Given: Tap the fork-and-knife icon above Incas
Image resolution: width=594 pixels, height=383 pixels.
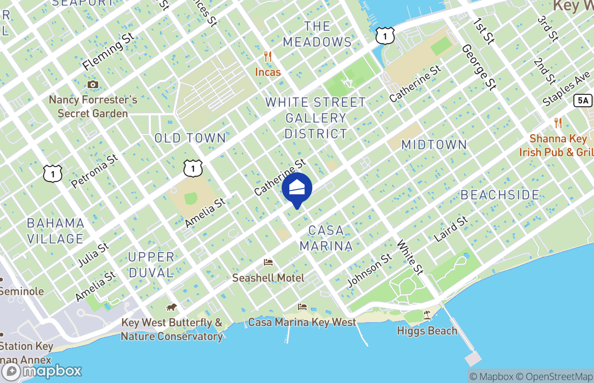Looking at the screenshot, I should (268, 57).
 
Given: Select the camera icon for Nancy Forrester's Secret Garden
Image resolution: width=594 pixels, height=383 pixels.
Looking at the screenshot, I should (93, 85).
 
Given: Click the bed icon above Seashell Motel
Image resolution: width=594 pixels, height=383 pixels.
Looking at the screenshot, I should (268, 262).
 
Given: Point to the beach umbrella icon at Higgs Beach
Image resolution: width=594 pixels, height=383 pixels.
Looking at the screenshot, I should (427, 315).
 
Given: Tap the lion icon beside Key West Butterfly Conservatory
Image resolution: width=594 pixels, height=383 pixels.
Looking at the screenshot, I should (171, 307).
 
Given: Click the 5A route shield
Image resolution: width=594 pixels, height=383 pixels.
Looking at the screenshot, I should (581, 100).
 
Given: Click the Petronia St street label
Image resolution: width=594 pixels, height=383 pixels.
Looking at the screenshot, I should (94, 170).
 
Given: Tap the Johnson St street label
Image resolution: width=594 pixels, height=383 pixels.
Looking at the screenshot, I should (369, 271).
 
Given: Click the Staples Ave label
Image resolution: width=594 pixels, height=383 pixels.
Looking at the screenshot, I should (566, 90).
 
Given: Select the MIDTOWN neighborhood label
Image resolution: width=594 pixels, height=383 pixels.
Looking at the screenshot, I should (434, 145).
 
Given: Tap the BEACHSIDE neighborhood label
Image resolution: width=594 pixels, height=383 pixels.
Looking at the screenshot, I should (500, 195).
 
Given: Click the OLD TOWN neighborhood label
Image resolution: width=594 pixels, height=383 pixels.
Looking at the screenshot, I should (190, 138).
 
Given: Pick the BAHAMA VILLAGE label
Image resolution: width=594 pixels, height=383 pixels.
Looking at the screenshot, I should (56, 231).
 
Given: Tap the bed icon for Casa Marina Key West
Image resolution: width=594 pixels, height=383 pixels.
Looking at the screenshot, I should (302, 307).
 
